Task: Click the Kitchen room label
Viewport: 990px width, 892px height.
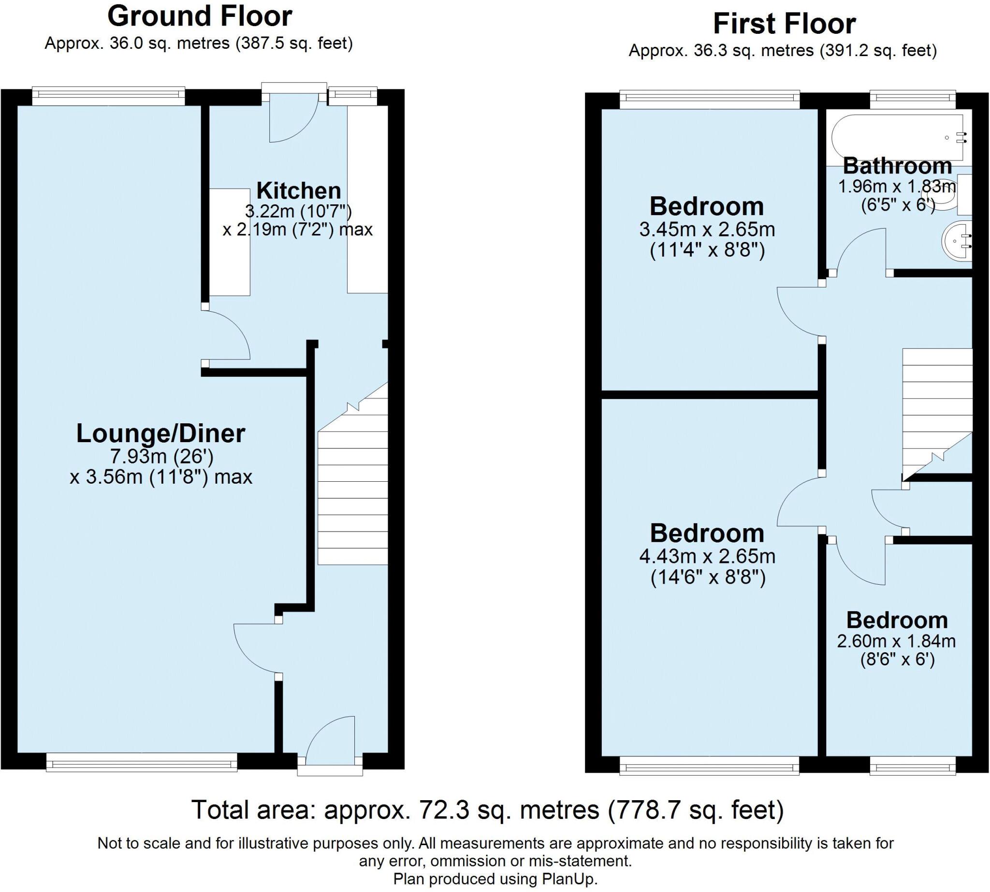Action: coord(298,191)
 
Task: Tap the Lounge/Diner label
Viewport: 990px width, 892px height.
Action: coord(160,434)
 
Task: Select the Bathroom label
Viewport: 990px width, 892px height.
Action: coord(897,166)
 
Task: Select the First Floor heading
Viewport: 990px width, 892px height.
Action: coord(784,24)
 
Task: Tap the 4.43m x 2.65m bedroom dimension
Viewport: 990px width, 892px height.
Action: coord(707,556)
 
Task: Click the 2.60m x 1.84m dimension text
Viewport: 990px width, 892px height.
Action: coord(896,641)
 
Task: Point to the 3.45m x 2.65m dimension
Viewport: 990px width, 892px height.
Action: coord(707,229)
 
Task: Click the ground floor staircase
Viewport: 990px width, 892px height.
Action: coord(352,490)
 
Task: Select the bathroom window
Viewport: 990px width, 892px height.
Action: coord(912,100)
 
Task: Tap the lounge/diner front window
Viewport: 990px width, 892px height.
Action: coord(141,763)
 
